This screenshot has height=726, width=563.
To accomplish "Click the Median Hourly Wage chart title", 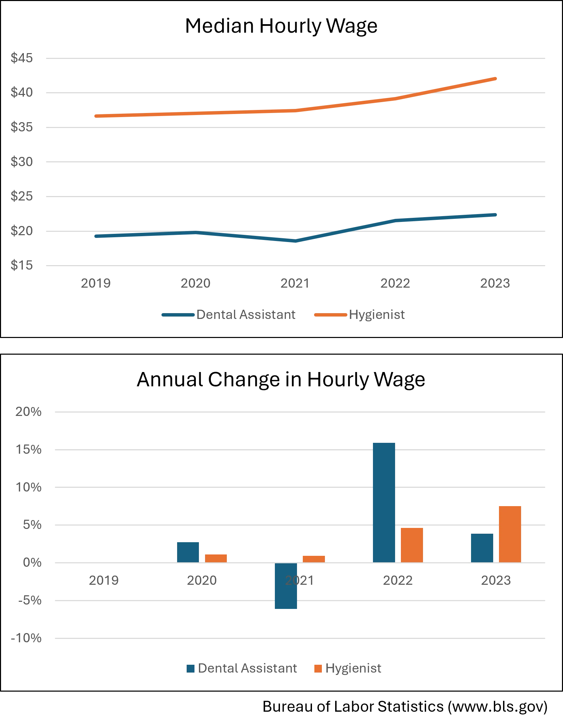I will [281, 26].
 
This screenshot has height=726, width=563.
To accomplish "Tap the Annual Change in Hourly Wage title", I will [281, 379].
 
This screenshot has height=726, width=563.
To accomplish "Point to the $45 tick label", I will [22, 58].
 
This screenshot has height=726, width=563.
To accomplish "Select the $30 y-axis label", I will [22, 162].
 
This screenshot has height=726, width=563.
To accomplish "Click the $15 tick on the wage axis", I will [22, 265].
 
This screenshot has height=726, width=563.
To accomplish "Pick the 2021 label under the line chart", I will [295, 283].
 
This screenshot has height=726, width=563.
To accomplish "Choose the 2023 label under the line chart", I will [495, 283].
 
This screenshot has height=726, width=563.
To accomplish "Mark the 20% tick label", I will [29, 412].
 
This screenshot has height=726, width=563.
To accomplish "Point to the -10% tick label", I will [27, 638].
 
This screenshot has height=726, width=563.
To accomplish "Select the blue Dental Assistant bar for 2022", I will [384, 502].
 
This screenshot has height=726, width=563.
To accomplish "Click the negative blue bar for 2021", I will [286, 586].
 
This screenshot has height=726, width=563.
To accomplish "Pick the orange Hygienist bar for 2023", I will [510, 534].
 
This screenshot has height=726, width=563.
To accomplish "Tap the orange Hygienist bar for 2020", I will [216, 559].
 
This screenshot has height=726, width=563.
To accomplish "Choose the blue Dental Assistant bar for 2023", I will [482, 548].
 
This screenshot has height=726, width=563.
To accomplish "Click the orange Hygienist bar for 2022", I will [412, 545].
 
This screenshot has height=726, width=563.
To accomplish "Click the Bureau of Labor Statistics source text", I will [405, 707].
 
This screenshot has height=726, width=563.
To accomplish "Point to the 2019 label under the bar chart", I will [104, 580].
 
